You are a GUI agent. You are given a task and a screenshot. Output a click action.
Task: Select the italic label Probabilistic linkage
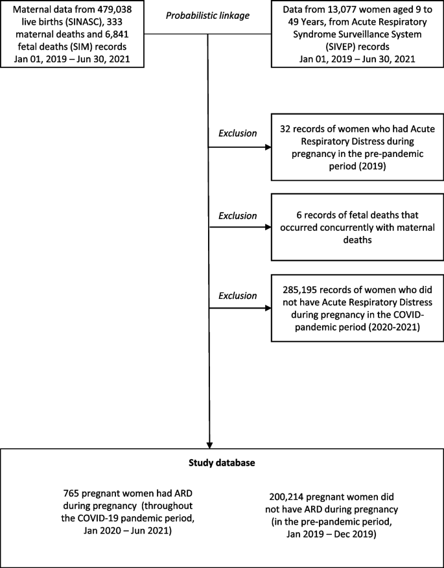click(x=208, y=17)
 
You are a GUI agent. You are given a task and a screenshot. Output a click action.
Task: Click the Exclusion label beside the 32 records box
click(x=238, y=133)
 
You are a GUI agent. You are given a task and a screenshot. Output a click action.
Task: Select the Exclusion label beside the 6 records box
click(x=238, y=215)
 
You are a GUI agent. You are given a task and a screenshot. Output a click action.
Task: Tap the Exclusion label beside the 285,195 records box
click(x=238, y=296)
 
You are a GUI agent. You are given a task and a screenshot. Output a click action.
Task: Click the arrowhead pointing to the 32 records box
click(x=268, y=147)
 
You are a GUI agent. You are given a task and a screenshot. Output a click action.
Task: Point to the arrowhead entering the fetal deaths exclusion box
click(x=268, y=228)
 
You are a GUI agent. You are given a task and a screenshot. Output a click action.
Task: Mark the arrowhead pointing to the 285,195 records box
click(x=268, y=308)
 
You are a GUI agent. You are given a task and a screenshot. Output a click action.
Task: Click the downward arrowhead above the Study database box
click(x=209, y=445)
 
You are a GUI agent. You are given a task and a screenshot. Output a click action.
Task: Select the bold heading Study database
click(x=222, y=463)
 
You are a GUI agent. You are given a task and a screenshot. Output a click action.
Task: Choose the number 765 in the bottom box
click(x=71, y=495)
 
